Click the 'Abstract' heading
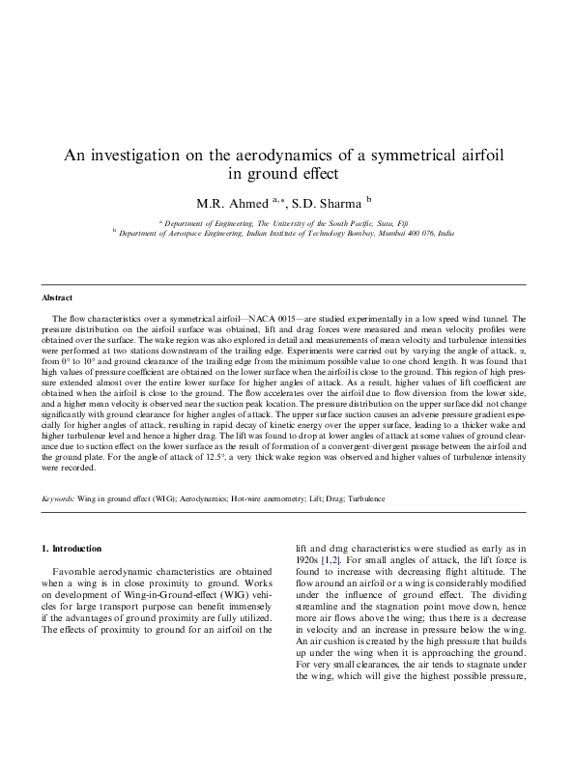point(57,298)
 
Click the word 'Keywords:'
point(58,498)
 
